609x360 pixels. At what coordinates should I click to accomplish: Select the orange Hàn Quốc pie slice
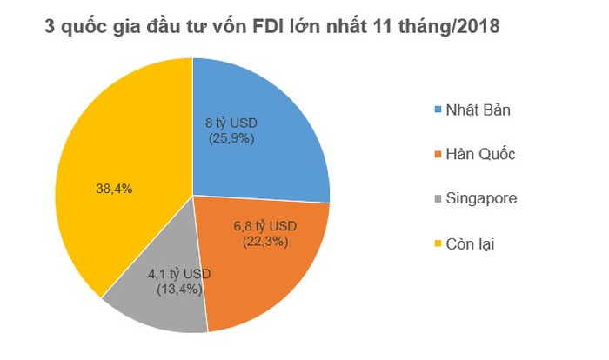coord(278,270)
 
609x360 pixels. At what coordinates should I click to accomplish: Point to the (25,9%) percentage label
coord(231,137)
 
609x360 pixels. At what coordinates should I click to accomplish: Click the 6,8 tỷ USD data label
coord(264,226)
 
